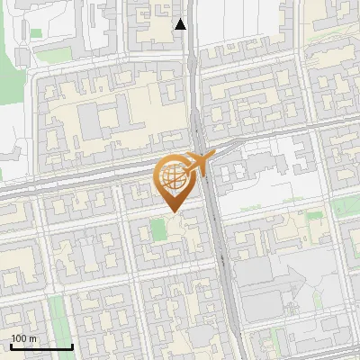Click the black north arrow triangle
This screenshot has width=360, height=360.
181,24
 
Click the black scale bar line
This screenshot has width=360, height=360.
41,346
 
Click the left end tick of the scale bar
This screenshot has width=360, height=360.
11,345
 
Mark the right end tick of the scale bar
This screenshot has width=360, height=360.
72,345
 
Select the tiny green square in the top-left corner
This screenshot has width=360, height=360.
36,33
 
